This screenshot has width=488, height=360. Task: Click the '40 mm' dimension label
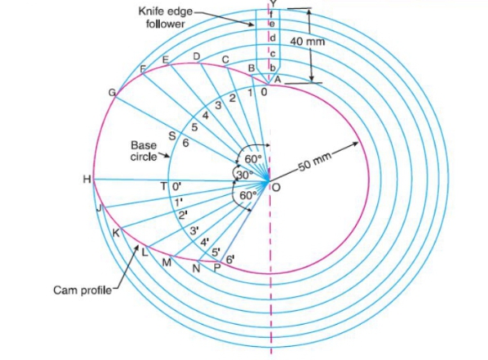308,41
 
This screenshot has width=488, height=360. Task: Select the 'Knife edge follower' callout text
166,17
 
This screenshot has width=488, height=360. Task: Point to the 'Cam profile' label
83,290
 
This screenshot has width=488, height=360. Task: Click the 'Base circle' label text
144,151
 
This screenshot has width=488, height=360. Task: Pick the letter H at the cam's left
87,180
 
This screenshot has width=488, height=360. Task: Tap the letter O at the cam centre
276,187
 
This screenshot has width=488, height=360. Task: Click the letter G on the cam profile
112,93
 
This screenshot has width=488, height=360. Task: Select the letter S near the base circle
172,136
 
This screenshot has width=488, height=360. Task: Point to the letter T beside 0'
164,186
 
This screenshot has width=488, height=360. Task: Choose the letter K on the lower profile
116,233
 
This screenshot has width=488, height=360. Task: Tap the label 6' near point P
230,259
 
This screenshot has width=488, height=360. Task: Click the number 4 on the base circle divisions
205,116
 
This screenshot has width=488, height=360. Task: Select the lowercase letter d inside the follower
272,38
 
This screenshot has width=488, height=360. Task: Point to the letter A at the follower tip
277,80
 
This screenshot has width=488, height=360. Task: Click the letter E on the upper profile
166,59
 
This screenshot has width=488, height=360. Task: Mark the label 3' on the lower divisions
194,231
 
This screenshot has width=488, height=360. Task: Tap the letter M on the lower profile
166,262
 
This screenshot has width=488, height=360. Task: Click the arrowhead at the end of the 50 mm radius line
355,144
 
